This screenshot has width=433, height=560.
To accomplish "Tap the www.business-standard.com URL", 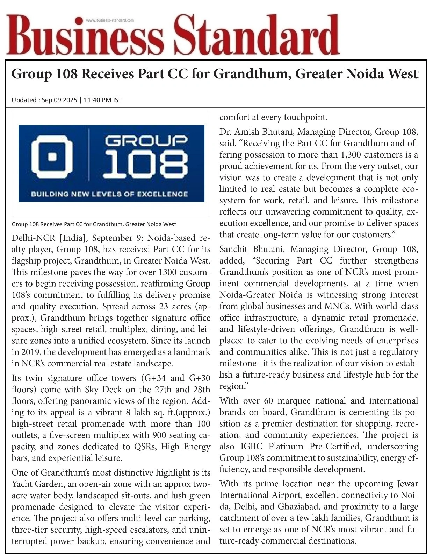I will pyautogui.click(x=110, y=20).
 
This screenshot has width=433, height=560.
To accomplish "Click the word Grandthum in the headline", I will pyautogui.click(x=252, y=74).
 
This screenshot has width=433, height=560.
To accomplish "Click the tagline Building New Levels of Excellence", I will pyautogui.click(x=109, y=194).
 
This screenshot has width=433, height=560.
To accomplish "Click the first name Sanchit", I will pyautogui.click(x=233, y=249).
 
